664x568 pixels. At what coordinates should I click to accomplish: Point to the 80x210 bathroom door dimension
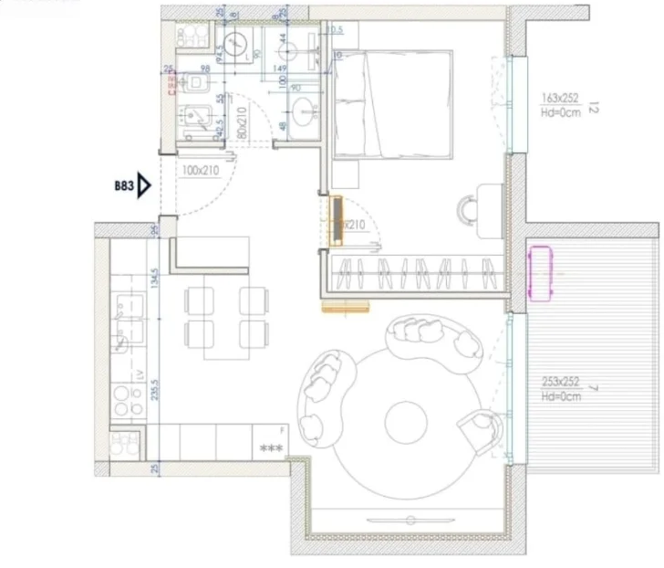pyautogui.click(x=242, y=122)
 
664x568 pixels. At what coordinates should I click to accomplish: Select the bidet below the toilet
pyautogui.click(x=195, y=119)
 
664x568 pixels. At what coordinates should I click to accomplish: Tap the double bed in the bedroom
pyautogui.click(x=393, y=105)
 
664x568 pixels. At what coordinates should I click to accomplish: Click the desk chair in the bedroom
pyautogui.click(x=469, y=209)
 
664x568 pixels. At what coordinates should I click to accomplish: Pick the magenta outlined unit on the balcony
pyautogui.click(x=543, y=273)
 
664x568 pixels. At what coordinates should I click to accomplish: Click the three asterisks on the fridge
pyautogui.click(x=272, y=447)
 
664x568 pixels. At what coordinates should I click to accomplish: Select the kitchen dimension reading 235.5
pyautogui.click(x=156, y=388)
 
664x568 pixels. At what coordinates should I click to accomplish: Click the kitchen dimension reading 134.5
pyautogui.click(x=156, y=276)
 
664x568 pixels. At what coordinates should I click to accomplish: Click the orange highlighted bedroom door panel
pyautogui.click(x=337, y=222)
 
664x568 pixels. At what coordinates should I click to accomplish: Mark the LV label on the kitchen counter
pyautogui.click(x=139, y=375)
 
